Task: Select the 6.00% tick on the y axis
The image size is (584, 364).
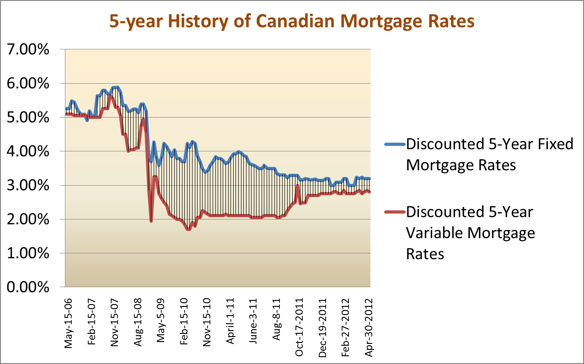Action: click(28, 84)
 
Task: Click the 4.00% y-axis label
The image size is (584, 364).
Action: click(28, 151)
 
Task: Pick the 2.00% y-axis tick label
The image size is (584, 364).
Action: click(28, 219)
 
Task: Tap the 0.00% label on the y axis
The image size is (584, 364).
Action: click(28, 287)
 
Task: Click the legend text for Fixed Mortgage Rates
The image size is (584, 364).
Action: click(489, 154)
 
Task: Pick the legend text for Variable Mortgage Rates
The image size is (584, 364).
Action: click(470, 232)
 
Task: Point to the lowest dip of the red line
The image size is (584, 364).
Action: click(188, 229)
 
